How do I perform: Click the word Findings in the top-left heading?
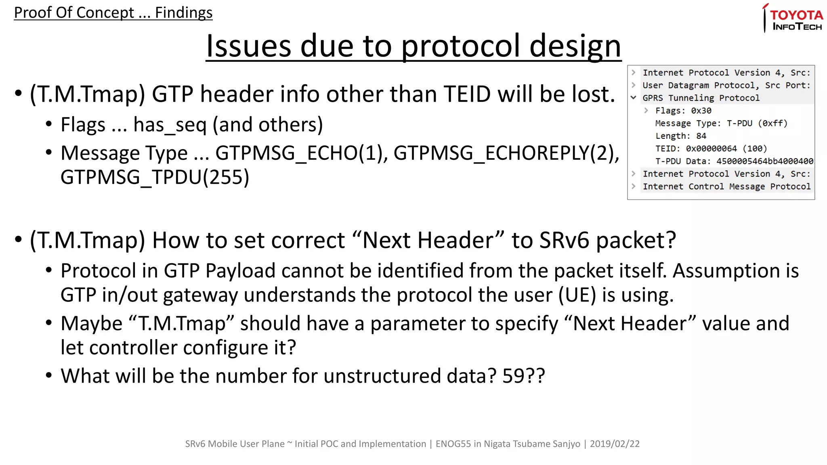184,13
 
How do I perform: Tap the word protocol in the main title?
460,46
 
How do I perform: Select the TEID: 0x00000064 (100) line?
711,149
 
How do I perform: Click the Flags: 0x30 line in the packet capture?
683,111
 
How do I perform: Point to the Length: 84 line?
680,136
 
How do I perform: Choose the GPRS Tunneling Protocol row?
701,98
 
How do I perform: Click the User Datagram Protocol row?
726,86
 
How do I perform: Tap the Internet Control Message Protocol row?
726,186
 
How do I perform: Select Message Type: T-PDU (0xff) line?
721,123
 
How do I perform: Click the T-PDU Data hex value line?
734,161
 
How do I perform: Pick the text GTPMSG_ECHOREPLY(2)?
506,153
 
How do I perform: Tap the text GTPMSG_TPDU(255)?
155,178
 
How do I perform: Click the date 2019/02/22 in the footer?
615,444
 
